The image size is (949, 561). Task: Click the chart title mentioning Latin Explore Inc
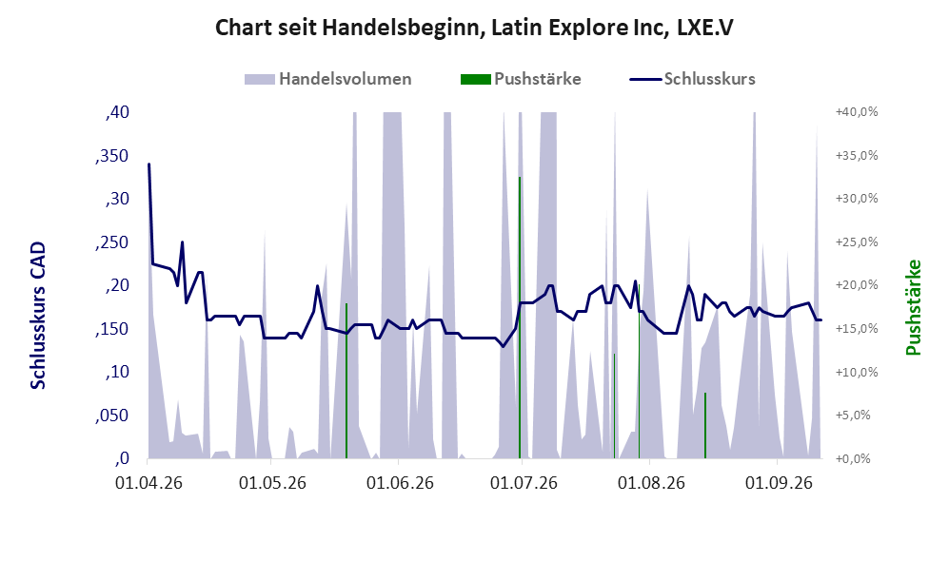[474, 28]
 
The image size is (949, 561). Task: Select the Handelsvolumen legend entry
[328, 79]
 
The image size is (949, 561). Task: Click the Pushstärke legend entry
[521, 79]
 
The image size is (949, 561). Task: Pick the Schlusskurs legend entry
[692, 79]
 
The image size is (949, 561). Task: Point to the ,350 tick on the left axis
[112, 156]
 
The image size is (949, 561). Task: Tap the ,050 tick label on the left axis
[112, 416]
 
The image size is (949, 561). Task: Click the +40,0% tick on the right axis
[857, 112]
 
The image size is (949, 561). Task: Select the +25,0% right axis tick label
[857, 242]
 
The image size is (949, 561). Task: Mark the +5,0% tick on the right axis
[860, 416]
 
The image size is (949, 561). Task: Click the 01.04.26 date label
[148, 483]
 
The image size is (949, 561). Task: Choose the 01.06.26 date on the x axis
[400, 483]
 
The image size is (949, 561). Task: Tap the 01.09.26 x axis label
[779, 483]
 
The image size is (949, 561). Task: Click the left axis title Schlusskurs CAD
[38, 316]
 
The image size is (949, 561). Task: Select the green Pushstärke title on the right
[913, 307]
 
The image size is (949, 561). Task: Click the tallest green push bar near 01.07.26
[520, 318]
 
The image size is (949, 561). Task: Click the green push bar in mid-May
[346, 381]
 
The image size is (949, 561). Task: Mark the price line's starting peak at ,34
[148, 164]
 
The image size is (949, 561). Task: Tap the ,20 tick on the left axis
[117, 285]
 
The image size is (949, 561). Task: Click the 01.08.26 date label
[651, 483]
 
